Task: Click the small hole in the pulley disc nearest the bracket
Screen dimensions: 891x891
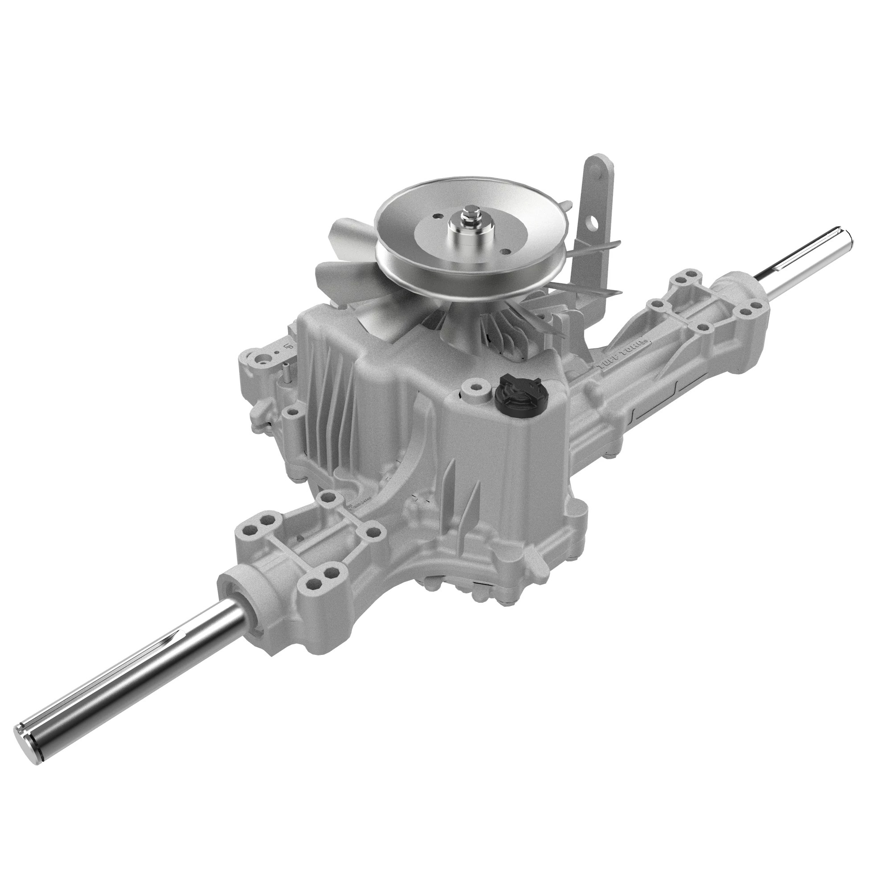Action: [507, 251]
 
